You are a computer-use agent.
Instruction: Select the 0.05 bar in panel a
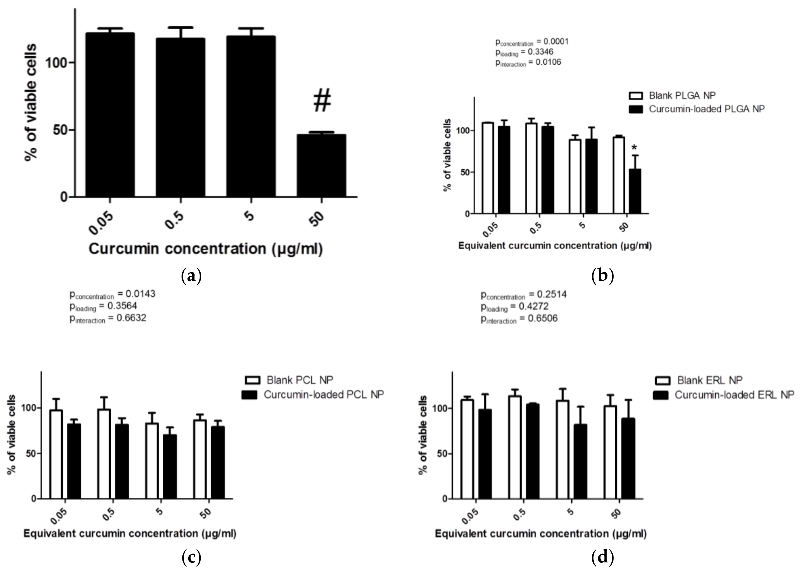[x=110, y=115]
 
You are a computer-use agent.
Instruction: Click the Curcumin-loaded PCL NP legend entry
[x=313, y=394]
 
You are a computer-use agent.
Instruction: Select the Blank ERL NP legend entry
[x=699, y=380]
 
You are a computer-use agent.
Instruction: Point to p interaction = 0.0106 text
[x=528, y=62]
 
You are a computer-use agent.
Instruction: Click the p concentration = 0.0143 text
[x=112, y=294]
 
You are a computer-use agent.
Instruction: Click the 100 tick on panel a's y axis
[x=56, y=63]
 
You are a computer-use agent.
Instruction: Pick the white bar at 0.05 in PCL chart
[x=56, y=455]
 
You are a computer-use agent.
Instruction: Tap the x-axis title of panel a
[x=205, y=249]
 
